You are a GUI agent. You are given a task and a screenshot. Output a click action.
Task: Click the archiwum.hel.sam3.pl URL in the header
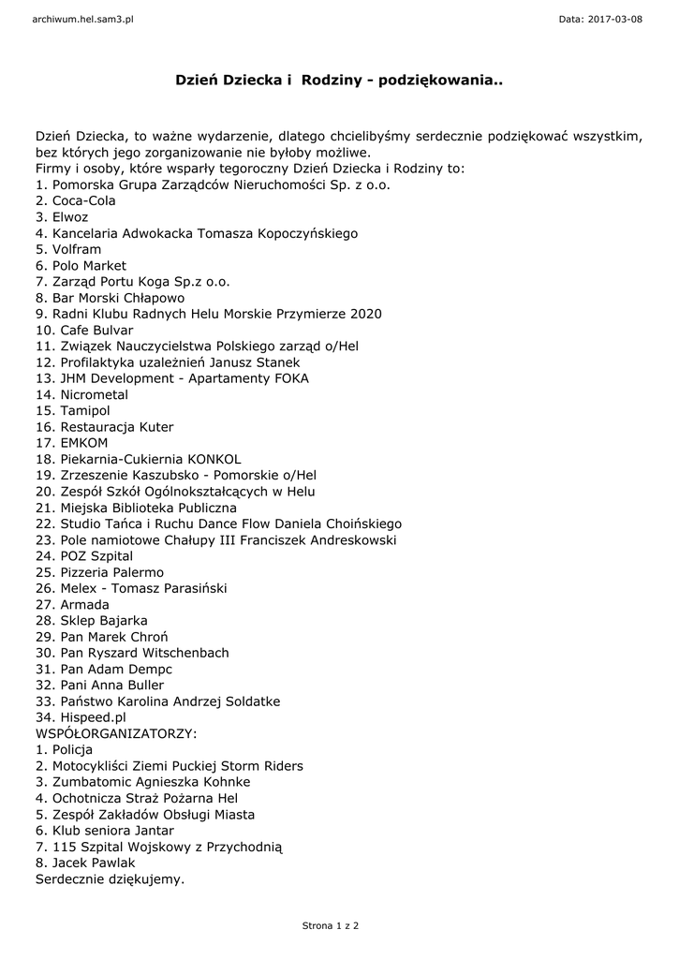pos(83,19)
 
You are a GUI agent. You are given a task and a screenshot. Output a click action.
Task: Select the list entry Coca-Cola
pos(84,200)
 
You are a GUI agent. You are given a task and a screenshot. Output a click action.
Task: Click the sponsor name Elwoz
pos(70,216)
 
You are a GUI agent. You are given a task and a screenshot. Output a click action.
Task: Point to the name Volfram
pos(77,249)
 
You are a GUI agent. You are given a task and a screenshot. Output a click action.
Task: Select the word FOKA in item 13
pos(288,378)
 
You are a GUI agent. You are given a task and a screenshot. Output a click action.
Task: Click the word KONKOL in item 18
pos(214,459)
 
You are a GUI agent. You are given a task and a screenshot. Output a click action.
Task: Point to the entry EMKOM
pos(84,443)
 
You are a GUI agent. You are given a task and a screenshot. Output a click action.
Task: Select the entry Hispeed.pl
pos(93,717)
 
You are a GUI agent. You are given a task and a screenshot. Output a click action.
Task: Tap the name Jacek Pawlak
pos(94,863)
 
